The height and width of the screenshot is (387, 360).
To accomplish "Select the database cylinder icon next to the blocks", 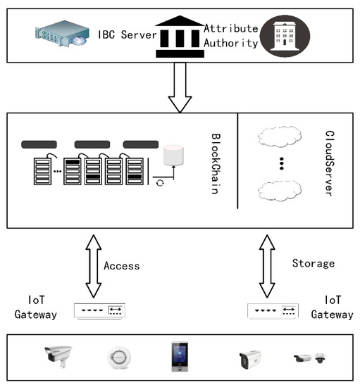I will pyautogui.click(x=173, y=156).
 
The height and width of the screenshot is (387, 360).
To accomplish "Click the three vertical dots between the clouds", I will pyautogui.click(x=280, y=163).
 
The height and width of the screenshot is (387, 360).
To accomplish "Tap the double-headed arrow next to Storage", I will pyautogui.click(x=267, y=267).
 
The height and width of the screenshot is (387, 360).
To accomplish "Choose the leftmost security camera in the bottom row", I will pyautogui.click(x=56, y=358).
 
